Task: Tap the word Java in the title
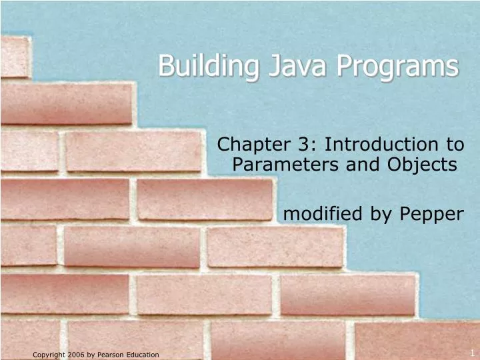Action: tap(279, 67)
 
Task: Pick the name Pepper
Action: tap(431, 214)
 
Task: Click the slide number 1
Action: tap(471, 352)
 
